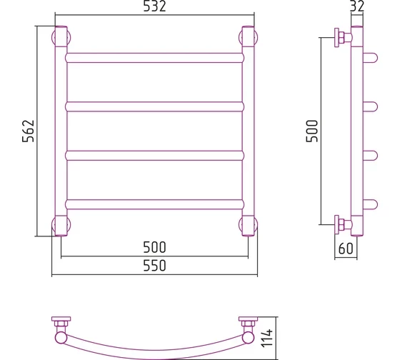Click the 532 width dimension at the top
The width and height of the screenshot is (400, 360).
pos(154,6)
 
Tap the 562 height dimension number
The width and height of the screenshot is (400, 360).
pos(29,131)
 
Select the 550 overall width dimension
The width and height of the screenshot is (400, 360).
pos(154,266)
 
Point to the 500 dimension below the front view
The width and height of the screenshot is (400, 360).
pos(154,247)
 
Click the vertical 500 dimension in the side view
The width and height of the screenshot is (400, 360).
pos(312,131)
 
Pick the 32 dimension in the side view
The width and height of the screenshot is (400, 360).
pos(357,6)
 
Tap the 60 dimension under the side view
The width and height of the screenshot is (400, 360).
pos(346,249)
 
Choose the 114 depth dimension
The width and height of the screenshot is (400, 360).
pos(267,338)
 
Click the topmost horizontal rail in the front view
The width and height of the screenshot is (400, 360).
pos(154,58)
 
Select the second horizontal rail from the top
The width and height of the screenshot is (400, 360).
pos(154,106)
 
